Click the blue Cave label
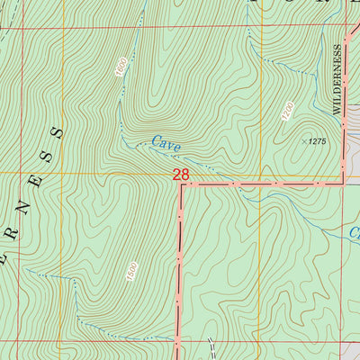[166, 143]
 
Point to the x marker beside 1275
[301, 140]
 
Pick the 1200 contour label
[287, 112]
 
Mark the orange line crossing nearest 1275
[261, 173]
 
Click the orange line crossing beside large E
[63, 173]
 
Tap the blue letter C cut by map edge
[355, 232]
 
